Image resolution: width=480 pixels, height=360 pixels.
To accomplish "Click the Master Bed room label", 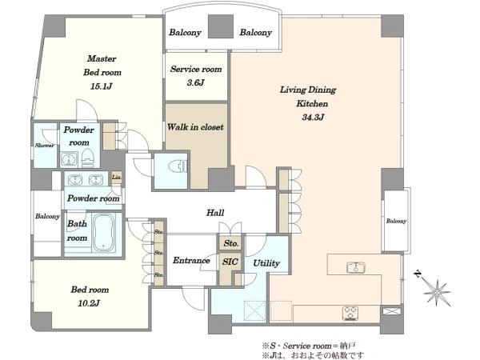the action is [x=102, y=66].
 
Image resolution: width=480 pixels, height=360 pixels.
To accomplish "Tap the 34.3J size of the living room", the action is [x=313, y=117].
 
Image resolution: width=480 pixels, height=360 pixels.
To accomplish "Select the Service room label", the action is [x=196, y=69].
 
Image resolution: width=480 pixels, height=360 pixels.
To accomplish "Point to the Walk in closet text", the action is [x=195, y=126].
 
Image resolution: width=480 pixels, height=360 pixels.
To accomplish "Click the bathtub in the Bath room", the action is [x=104, y=232].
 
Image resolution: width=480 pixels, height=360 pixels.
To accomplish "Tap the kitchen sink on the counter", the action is [x=356, y=267].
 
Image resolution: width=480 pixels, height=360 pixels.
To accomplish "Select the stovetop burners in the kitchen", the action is [x=351, y=313].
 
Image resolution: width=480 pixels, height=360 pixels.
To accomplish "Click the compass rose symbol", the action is [x=437, y=292].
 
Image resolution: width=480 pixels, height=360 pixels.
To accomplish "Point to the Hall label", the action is [x=215, y=213].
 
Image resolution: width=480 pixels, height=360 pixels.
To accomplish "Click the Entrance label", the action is [x=191, y=261].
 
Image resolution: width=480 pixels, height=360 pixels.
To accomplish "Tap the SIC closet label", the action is [x=230, y=262].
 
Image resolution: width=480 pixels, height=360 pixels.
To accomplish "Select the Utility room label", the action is [x=266, y=263].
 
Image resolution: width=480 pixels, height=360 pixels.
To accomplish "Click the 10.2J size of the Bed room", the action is [x=89, y=303].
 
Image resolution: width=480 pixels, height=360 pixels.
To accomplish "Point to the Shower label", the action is [x=44, y=146].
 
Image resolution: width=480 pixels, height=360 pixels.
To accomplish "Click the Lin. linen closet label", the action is [x=117, y=178].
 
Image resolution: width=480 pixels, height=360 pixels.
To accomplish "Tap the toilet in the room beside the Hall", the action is [x=178, y=166].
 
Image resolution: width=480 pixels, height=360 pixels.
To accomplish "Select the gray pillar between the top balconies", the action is [x=221, y=26].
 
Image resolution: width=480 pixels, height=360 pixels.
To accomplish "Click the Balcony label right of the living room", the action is [x=396, y=221].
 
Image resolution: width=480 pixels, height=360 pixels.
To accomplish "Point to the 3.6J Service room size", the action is [x=196, y=82].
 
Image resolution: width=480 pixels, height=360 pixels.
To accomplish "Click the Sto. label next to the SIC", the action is [x=231, y=243].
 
